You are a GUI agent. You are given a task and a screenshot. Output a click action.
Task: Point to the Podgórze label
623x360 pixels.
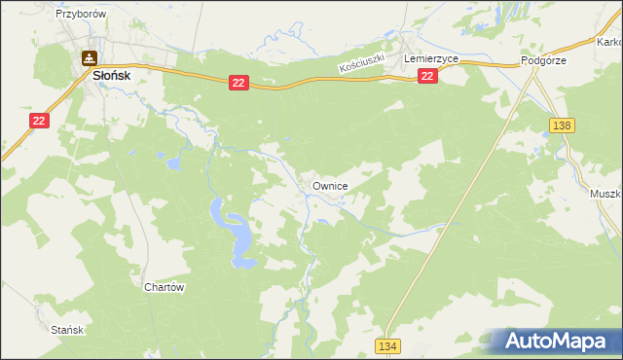point(543,60)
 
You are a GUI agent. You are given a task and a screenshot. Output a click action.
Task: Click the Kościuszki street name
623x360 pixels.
point(362,63)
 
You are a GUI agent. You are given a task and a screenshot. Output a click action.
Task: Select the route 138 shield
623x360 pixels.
point(561,126)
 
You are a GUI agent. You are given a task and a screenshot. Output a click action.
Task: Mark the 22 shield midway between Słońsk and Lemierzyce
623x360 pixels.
point(238,85)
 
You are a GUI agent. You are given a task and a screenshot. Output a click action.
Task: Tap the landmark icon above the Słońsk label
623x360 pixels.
point(89,57)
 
